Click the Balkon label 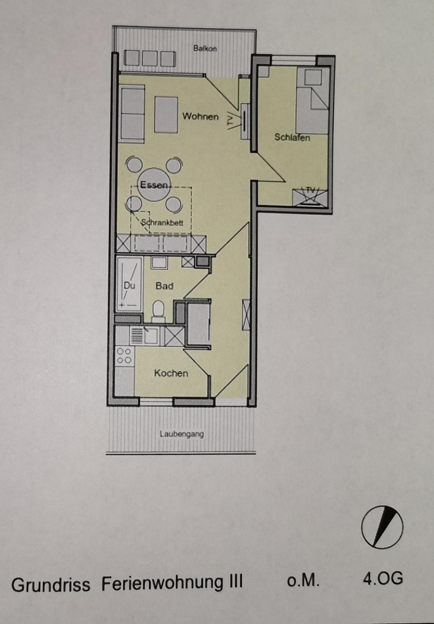click(x=205, y=49)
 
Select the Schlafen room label click(x=292, y=137)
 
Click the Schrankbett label click(x=162, y=223)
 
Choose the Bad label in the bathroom click(x=164, y=286)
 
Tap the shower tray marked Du click(x=129, y=285)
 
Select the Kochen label click(x=171, y=373)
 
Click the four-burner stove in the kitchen click(x=124, y=356)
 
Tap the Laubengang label click(x=182, y=434)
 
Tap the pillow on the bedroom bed click(x=313, y=77)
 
